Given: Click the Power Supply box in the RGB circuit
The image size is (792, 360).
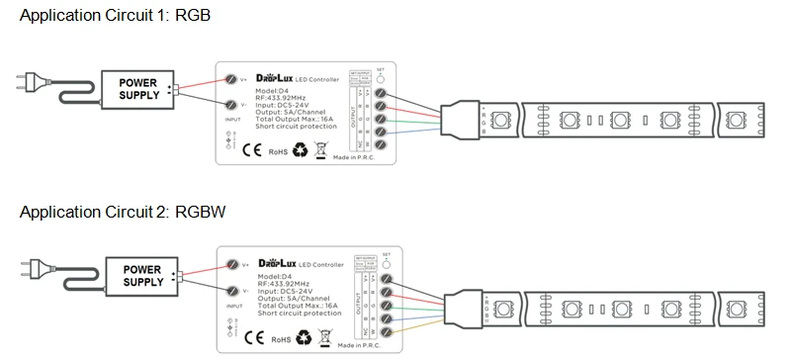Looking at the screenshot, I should click(137, 88).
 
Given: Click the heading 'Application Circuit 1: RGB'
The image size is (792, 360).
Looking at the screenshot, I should click(115, 17).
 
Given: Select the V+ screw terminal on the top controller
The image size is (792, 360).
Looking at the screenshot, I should click(232, 77).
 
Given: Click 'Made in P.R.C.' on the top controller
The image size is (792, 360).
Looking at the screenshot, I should click(356, 157).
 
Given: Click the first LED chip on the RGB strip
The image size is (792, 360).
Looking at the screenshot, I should click(499, 121).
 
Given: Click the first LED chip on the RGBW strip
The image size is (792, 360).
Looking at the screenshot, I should click(501, 307).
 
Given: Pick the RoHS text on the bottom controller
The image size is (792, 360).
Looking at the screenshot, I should click(278, 338).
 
